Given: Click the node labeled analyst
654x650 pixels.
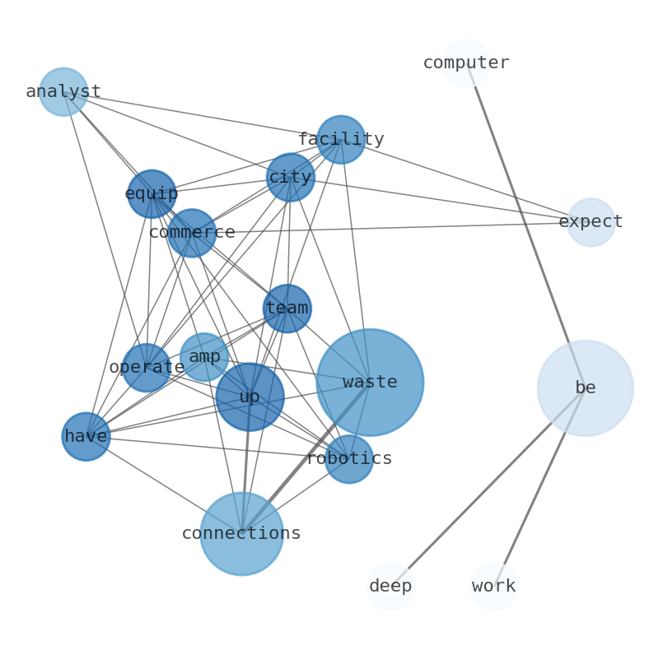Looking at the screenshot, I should click(63, 91).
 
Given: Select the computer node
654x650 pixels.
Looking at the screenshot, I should click(466, 63).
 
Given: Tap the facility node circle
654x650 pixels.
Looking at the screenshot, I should click(341, 139).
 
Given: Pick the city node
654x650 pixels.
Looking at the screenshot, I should click(291, 177).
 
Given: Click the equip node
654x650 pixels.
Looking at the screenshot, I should click(152, 194).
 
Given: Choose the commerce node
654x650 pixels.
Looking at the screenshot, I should click(192, 233).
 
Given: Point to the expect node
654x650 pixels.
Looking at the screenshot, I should click(591, 222).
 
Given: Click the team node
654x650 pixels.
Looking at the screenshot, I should click(287, 309).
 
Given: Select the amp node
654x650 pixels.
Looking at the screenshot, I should click(204, 357).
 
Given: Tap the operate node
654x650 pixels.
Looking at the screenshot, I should click(147, 367).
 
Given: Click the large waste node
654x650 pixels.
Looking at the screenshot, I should click(370, 383).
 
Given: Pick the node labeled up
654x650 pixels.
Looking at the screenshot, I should click(250, 397).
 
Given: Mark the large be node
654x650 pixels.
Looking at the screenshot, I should click(585, 388).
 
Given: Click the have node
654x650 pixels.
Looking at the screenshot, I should click(86, 436).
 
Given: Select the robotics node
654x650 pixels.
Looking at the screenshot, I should click(349, 459).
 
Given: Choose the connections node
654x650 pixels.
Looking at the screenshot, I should click(241, 533).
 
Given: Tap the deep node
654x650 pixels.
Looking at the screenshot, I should click(390, 586).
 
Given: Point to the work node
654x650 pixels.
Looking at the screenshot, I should click(493, 586).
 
